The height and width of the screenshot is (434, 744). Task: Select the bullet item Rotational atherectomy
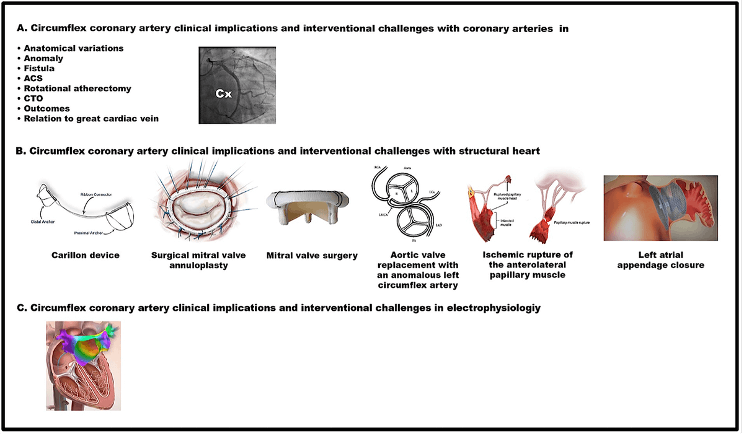click(77, 88)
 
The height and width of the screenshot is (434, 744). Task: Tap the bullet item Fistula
click(39, 68)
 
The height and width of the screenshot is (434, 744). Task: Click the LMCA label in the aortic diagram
click(374, 212)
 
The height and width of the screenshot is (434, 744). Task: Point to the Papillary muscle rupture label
click(572, 212)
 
